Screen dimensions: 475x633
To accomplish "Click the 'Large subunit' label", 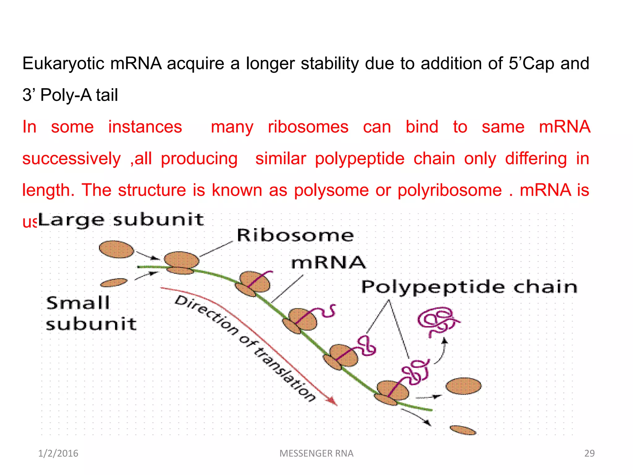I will (121, 220).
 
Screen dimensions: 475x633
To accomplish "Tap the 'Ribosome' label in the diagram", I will (295, 236).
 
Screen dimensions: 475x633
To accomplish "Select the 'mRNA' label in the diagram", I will (328, 263).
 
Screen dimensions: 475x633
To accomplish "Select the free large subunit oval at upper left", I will (117, 249).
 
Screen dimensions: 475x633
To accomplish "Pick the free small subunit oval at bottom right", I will (463, 430).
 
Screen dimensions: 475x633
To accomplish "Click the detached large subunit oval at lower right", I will (463, 386).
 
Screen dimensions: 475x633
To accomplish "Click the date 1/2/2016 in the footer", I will (58, 453).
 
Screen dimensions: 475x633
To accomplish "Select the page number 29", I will (589, 453).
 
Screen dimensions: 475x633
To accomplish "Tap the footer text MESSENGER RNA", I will (316, 453).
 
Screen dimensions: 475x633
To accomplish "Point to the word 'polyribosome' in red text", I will (449, 190).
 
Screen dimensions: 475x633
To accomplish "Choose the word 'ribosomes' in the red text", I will (308, 127).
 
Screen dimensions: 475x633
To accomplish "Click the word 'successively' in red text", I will (71, 159).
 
